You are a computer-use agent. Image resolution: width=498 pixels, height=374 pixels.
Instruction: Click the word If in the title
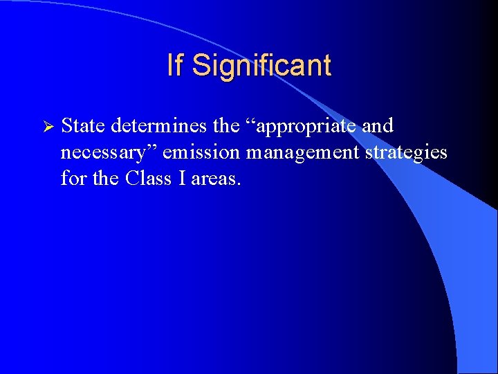(175, 66)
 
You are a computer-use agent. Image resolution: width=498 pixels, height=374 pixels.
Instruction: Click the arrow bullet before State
(48, 127)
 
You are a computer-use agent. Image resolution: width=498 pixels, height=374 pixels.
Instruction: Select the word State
(83, 126)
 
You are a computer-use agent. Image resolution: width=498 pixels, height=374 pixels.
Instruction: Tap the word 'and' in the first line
(378, 126)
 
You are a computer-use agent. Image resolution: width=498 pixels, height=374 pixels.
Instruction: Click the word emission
(201, 152)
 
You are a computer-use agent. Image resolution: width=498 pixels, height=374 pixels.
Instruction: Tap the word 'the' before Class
(106, 178)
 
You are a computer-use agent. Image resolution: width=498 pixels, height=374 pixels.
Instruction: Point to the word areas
(214, 179)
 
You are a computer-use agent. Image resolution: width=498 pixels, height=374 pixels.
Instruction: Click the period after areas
(239, 184)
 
